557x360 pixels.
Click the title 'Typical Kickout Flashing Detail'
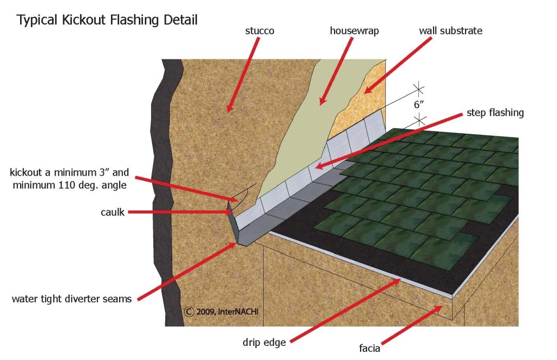(x=107, y=21)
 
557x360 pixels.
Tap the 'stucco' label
(x=259, y=31)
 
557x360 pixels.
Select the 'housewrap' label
(x=354, y=31)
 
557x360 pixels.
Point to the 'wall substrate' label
(x=450, y=30)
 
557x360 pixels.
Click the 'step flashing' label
(x=495, y=113)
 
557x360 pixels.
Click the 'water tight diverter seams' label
(x=71, y=299)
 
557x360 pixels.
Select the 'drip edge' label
(x=264, y=343)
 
